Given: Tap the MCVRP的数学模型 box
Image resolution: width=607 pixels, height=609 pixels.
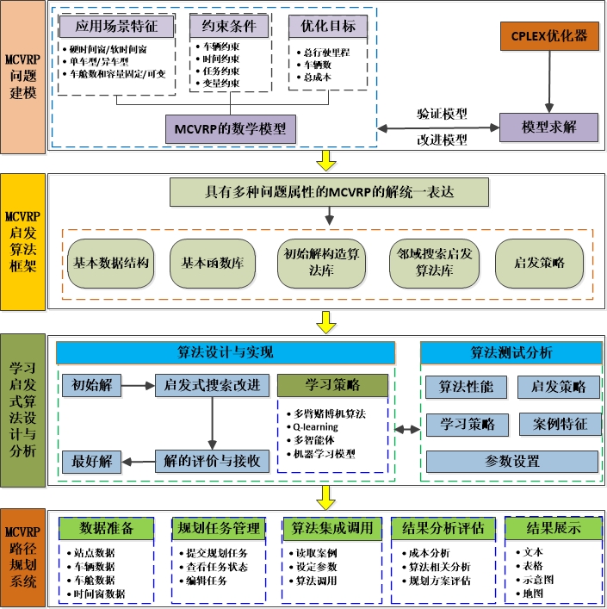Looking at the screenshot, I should tap(230, 129).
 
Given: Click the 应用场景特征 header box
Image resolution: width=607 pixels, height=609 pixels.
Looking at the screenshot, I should tap(115, 26).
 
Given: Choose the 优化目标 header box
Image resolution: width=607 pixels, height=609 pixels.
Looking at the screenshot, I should tap(327, 26).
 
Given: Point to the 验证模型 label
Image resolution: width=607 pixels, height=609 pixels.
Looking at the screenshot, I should tap(442, 113).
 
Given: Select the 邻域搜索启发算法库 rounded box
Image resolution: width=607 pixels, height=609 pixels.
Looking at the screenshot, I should tap(434, 263).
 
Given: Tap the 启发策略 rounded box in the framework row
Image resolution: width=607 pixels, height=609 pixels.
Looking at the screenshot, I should tap(539, 263).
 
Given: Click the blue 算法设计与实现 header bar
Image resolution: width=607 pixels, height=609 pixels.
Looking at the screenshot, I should tap(225, 353).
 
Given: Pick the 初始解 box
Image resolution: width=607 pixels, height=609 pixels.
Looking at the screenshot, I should tap(90, 385).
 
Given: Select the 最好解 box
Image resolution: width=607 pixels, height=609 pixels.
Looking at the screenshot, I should tap(90, 461).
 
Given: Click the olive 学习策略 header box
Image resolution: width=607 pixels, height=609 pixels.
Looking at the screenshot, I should tap(332, 385).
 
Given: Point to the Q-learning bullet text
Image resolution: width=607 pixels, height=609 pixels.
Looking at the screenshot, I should tap(315, 426).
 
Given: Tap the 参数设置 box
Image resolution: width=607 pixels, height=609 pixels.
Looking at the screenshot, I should tap(511, 462).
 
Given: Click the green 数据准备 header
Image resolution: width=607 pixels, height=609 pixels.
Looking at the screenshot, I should tap(106, 528).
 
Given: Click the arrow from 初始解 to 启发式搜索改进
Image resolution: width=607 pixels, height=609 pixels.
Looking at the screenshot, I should tap(137, 385).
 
